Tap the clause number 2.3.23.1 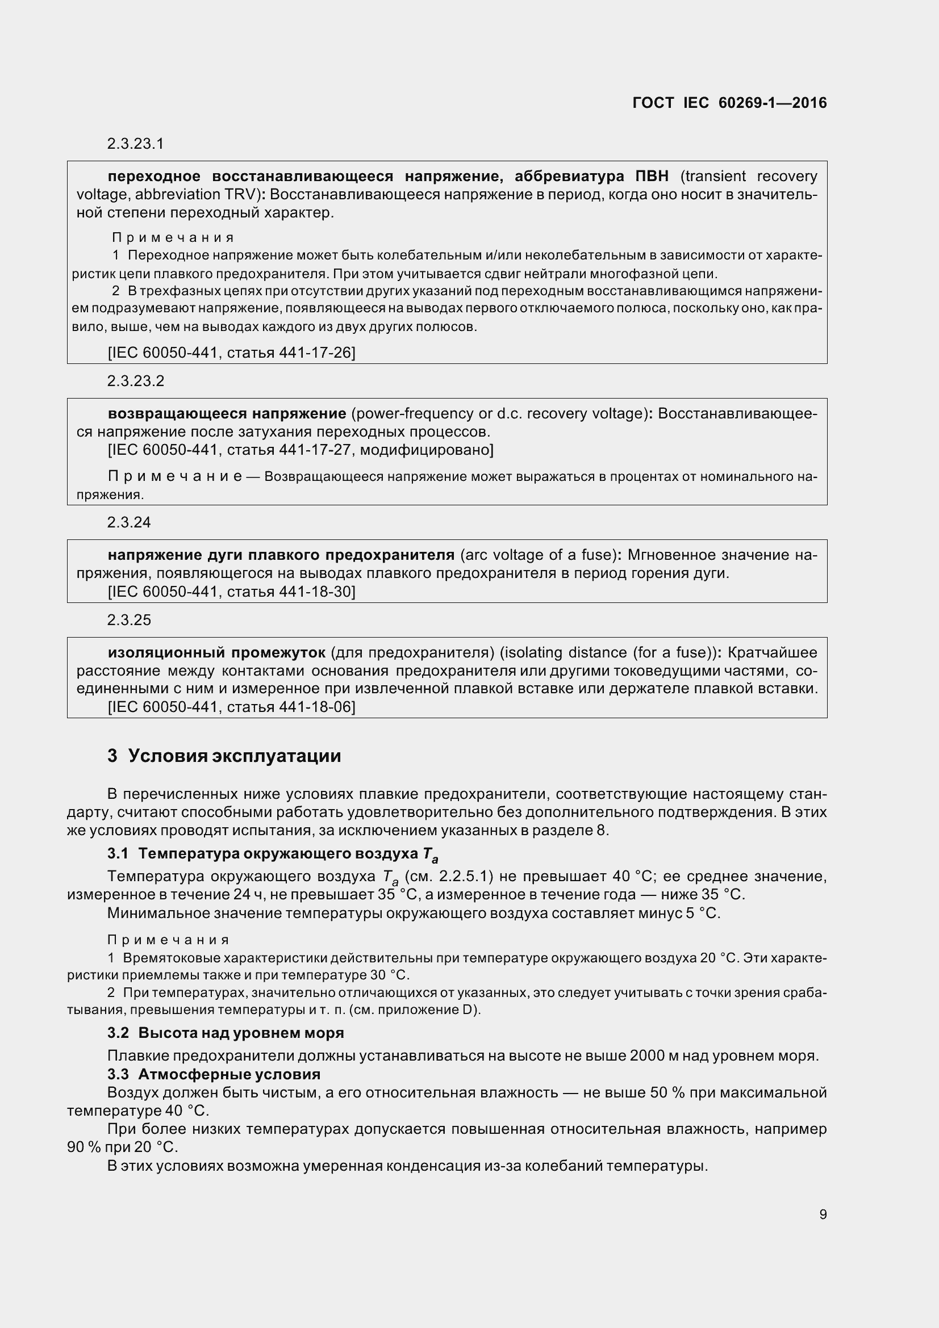point(135,144)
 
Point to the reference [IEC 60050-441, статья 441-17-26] point(231,352)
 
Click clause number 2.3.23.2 point(135,380)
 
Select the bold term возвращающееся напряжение point(227,413)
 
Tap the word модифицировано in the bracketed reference point(425,450)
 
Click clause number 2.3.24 point(128,522)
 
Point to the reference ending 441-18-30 point(231,591)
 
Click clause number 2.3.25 point(128,620)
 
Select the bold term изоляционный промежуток point(216,652)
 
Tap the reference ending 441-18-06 point(231,706)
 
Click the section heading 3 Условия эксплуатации point(224,756)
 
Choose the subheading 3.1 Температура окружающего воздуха point(272,854)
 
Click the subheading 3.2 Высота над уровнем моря point(226,1032)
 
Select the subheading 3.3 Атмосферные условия point(214,1074)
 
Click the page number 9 point(823,1214)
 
